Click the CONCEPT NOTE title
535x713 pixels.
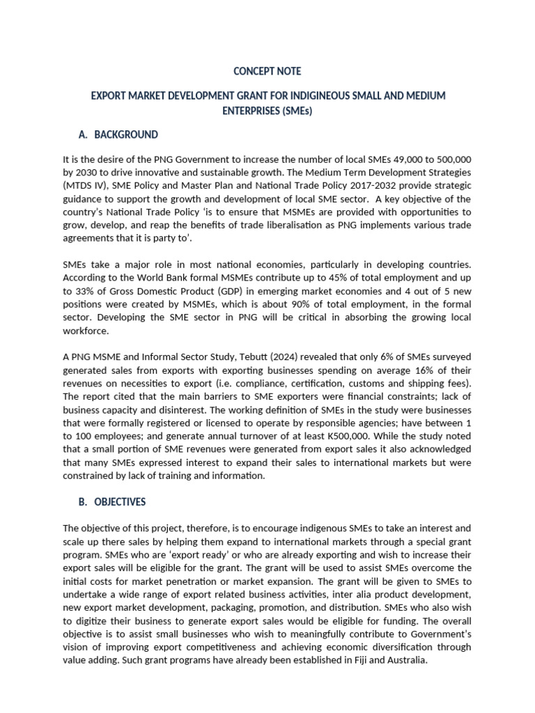[267, 71]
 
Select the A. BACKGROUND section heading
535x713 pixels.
[120, 134]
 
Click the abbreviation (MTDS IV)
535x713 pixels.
[88, 186]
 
